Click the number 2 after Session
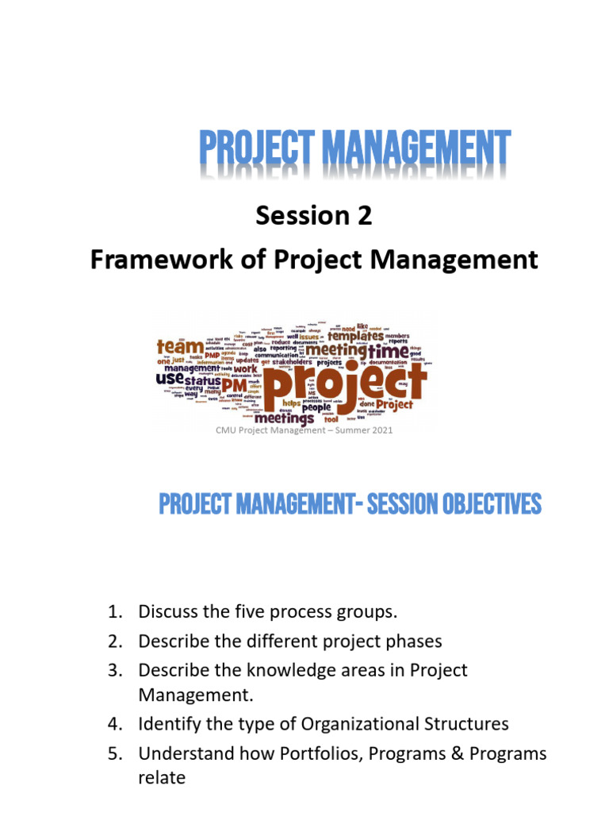[363, 216]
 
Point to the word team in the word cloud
[179, 347]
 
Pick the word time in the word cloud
[388, 350]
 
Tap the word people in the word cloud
[316, 406]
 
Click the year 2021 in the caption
[379, 430]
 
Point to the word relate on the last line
[162, 778]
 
